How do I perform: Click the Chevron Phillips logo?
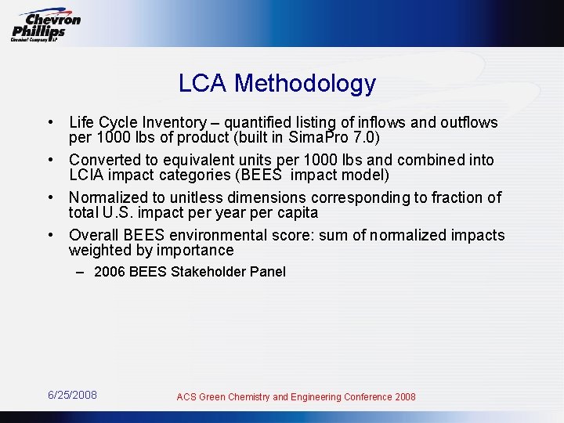coord(46,26)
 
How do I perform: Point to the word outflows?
coord(467,122)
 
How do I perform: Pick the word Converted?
coord(103,160)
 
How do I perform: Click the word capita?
coord(296,213)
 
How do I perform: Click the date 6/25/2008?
coord(72,395)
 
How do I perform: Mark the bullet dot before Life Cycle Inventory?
coord(50,123)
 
